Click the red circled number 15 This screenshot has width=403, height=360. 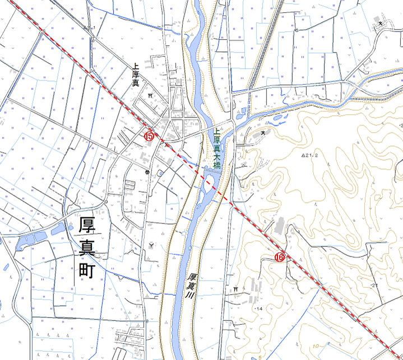point(149,135)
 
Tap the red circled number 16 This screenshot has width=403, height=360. point(279,257)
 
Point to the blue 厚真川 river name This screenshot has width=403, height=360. point(192,288)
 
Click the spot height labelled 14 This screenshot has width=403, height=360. point(259,309)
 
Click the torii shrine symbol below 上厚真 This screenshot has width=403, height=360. point(150,96)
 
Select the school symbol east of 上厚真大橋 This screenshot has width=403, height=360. point(263,133)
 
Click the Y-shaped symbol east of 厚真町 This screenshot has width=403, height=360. point(151,244)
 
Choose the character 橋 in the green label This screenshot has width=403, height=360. point(216,166)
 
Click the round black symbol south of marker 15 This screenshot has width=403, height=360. point(147,172)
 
